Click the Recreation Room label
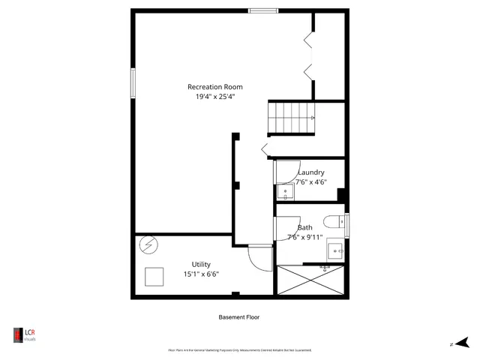pyautogui.click(x=214, y=87)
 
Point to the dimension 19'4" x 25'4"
pyautogui.click(x=214, y=97)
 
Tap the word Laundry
pyautogui.click(x=310, y=172)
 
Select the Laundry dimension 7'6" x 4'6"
pyautogui.click(x=310, y=181)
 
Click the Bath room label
pyautogui.click(x=305, y=228)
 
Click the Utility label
pyautogui.click(x=201, y=264)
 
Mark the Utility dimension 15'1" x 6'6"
pyautogui.click(x=201, y=274)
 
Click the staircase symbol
pyautogui.click(x=292, y=118)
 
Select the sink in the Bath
pyautogui.click(x=335, y=250)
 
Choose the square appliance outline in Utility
pyautogui.click(x=155, y=276)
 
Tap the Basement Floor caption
pyautogui.click(x=239, y=317)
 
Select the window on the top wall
pyautogui.click(x=263, y=10)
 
